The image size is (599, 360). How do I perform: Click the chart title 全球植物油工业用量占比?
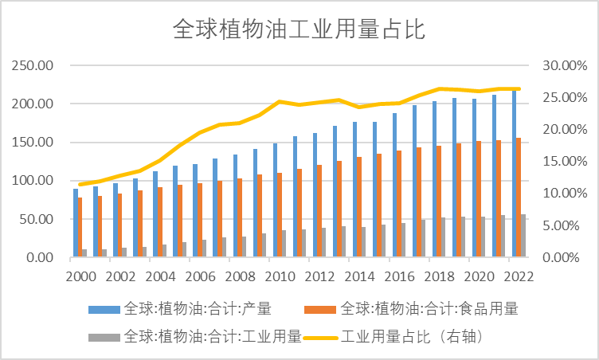point(299,29)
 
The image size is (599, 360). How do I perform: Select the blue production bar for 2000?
point(76,223)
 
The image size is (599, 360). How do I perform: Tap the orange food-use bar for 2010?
point(280,215)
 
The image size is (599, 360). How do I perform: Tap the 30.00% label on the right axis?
point(564,65)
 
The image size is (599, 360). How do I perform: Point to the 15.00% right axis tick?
point(564,162)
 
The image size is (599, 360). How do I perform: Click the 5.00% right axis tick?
point(562,225)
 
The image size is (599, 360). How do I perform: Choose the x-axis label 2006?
point(201,276)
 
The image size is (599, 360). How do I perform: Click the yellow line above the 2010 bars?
point(280,102)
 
